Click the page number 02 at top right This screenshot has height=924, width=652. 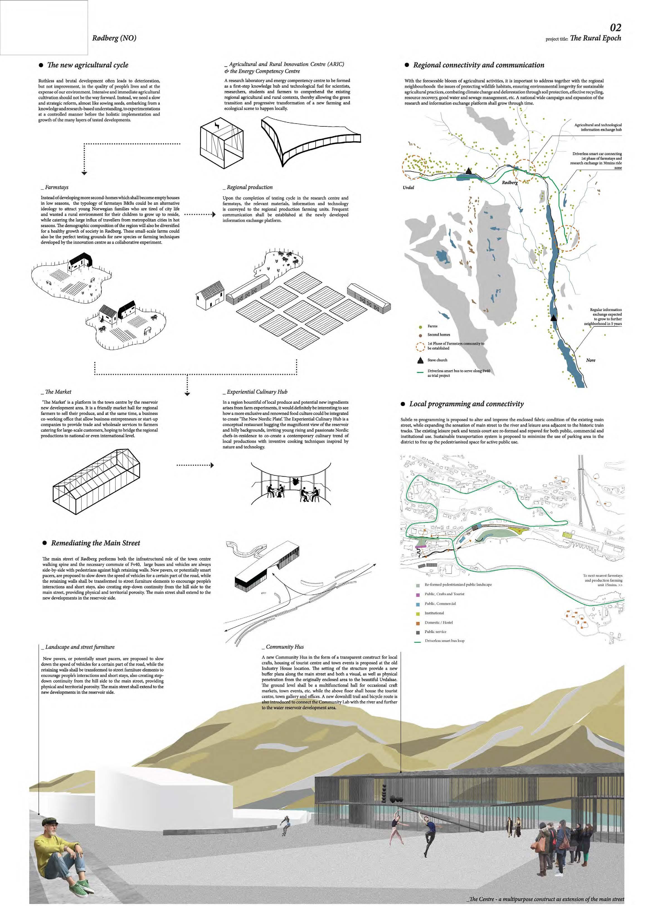coord(615,27)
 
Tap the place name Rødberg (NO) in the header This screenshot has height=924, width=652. coord(114,38)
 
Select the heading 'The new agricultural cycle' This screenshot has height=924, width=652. coord(88,65)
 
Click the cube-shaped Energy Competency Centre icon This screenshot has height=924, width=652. coord(222,144)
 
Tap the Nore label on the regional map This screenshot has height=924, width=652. coord(590,360)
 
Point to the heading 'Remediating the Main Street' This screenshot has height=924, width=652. coord(95,543)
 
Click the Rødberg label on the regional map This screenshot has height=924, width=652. coord(509,183)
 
